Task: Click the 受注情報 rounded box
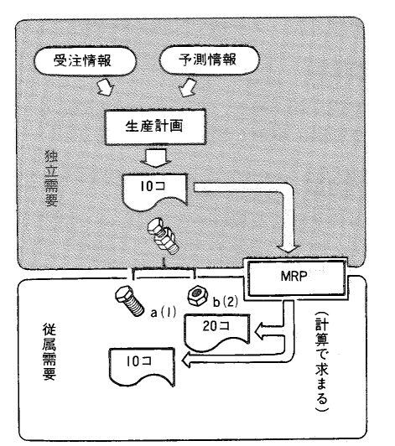85,60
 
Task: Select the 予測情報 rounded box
209,60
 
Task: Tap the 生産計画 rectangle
155,127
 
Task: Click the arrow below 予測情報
187,87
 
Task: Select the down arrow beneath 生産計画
155,158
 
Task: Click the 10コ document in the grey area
154,192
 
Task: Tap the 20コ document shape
217,332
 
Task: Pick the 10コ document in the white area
143,367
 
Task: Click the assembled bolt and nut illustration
162,236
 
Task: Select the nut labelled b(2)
198,296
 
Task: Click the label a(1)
163,314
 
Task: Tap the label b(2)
225,302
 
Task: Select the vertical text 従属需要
49,351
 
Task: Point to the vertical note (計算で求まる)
322,361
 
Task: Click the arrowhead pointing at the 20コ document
259,332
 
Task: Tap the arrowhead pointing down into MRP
289,246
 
